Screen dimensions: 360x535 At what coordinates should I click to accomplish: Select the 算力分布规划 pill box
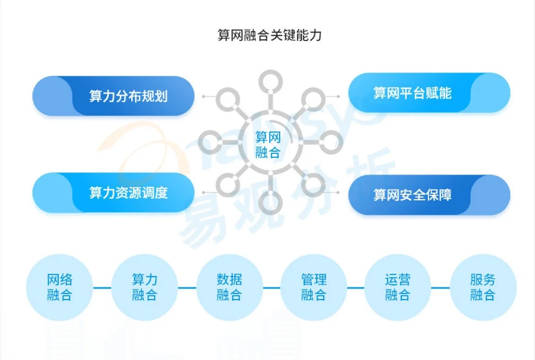coord(114,96)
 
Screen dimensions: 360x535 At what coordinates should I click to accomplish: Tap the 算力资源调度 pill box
coord(114,192)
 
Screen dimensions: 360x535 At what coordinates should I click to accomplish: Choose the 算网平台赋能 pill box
coord(429,93)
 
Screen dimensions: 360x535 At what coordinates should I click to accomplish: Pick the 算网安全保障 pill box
coord(429,195)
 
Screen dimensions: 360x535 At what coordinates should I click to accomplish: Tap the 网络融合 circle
coord(60,287)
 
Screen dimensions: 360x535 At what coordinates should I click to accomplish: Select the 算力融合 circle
coord(144,287)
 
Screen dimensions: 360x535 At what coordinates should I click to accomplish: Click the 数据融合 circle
coord(229,287)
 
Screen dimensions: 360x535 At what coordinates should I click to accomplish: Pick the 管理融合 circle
coord(314,287)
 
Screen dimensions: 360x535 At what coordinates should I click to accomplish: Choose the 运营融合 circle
coord(398,287)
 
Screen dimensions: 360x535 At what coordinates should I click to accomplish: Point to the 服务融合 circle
coord(483,287)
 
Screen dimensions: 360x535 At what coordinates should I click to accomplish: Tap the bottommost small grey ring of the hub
coord(270,202)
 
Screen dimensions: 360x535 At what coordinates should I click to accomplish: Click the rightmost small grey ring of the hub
coord(330,142)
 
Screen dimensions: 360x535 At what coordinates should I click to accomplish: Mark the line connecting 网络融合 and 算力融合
coord(102,288)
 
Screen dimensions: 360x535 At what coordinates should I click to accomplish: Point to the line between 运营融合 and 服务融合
coord(440,288)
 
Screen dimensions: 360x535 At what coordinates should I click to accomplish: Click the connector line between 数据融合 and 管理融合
coord(271,288)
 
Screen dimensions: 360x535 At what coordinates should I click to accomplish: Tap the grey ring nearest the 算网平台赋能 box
coord(313,99)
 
